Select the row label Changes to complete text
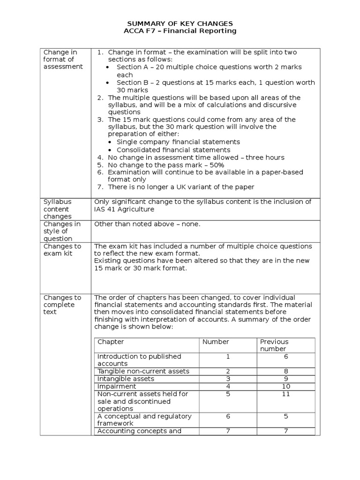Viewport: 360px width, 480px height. pos(62,305)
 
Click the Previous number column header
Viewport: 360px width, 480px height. pos(274,345)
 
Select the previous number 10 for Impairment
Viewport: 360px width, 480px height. pos(286,386)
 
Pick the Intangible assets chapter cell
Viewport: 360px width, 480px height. pos(126,379)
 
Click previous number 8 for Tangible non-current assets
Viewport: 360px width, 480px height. pos(286,371)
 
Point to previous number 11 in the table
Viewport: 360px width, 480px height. pos(286,394)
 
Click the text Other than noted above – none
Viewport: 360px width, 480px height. pos(147,224)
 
